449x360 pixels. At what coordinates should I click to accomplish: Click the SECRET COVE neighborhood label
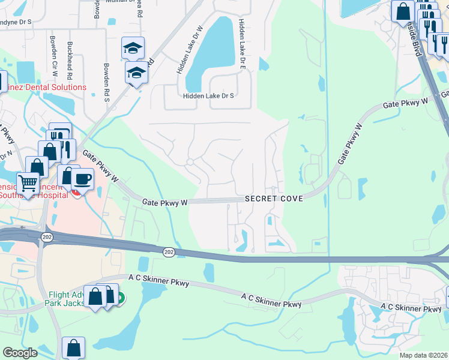[x=273, y=199]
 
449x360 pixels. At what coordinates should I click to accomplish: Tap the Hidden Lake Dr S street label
[x=208, y=96]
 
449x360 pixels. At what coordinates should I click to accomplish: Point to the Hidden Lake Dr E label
[x=242, y=46]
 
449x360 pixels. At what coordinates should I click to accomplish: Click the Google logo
[x=20, y=353]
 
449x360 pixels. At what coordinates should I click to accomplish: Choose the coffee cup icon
[x=82, y=178]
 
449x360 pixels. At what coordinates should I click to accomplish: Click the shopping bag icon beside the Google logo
[x=73, y=347]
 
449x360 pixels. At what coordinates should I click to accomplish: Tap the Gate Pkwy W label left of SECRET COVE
[x=165, y=203]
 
